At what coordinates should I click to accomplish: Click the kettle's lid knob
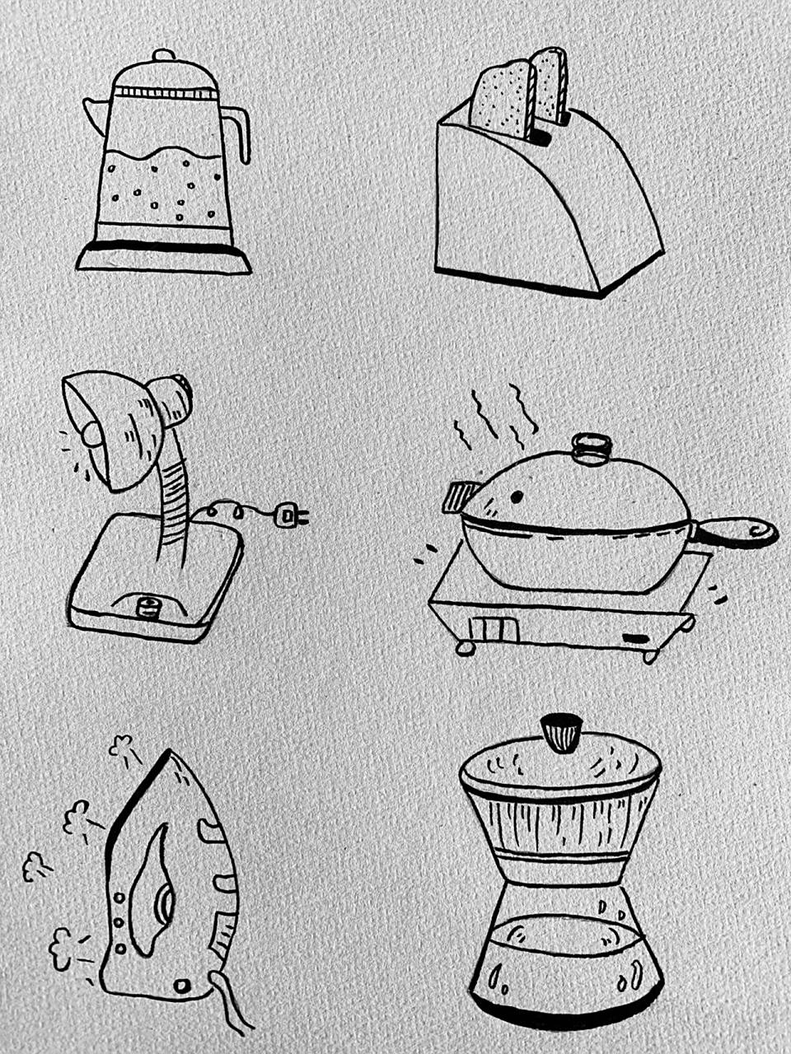164,55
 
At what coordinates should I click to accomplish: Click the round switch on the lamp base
148,608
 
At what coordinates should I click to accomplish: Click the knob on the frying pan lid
590,447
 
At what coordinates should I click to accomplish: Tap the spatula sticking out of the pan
458,497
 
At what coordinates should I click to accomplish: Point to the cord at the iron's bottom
230,1005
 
